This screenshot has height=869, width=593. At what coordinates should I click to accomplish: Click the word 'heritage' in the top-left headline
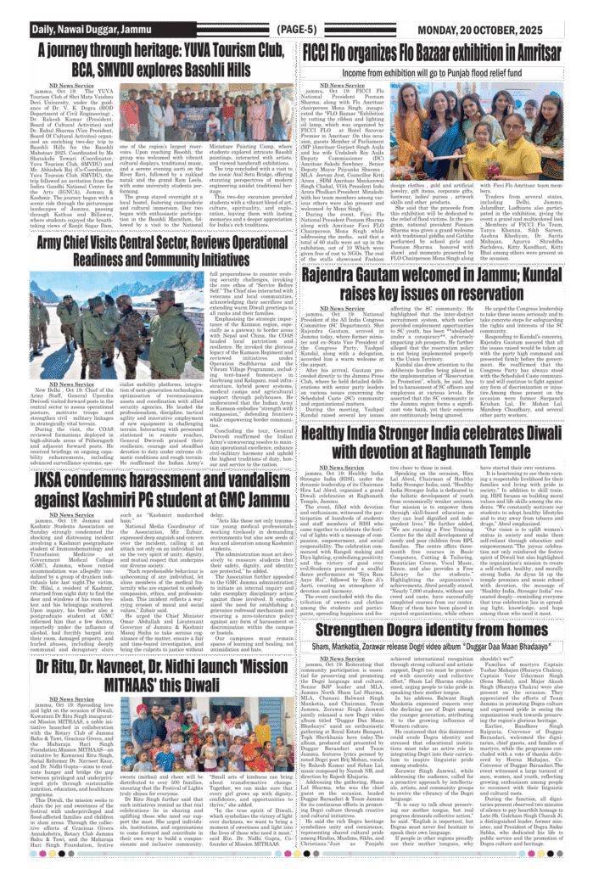coord(141,49)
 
